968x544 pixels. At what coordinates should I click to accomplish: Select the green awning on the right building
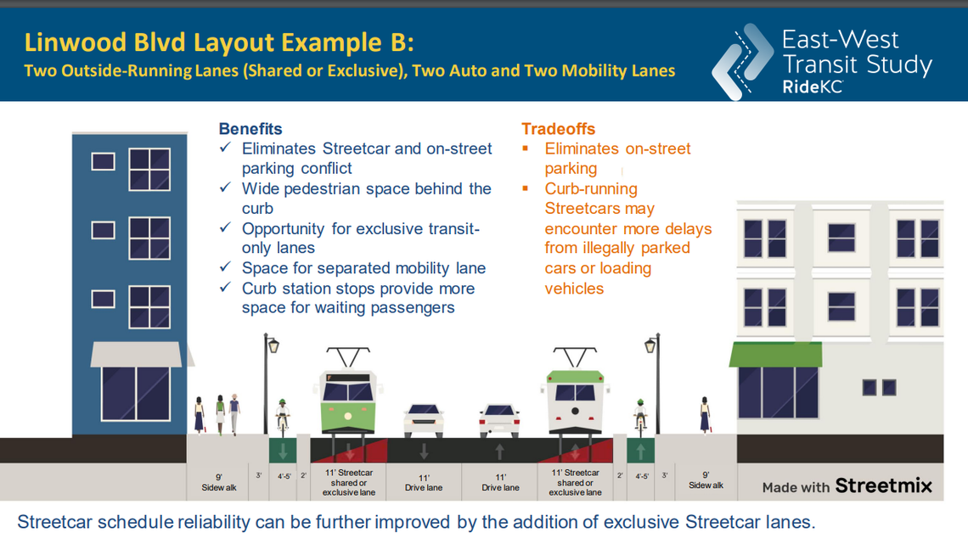[x=775, y=354]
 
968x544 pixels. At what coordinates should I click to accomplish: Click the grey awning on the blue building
[x=137, y=354]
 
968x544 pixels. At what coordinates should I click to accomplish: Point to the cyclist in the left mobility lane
[x=283, y=413]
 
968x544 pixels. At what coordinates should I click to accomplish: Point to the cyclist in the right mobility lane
[x=640, y=413]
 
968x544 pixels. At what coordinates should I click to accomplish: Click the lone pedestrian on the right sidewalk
[x=705, y=414]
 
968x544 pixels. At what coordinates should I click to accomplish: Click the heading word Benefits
[x=250, y=129]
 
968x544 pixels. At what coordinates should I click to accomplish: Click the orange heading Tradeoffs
[x=558, y=129]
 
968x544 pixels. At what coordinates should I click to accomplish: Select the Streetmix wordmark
[x=883, y=485]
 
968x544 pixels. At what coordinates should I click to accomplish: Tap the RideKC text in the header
[x=812, y=87]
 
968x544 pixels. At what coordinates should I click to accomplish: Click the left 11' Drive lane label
[x=423, y=483]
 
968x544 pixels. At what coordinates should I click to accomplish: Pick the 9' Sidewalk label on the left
[x=219, y=483]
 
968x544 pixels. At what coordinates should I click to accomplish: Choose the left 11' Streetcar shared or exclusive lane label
[x=348, y=482]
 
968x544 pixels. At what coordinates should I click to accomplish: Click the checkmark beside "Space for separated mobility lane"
[x=225, y=267]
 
